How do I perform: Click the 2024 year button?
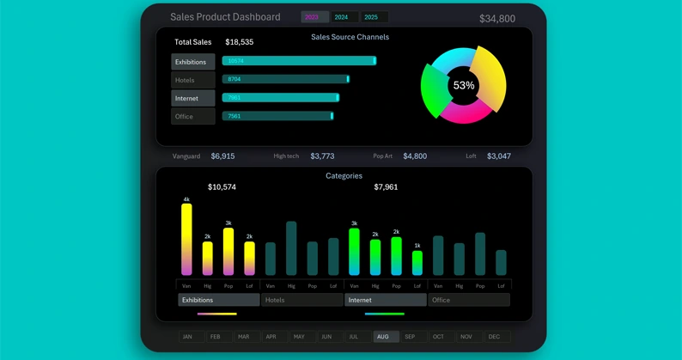343,17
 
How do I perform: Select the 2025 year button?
373,17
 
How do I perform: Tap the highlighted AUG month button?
384,337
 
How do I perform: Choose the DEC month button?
495,337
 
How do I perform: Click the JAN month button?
188,337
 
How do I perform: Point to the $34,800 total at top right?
496,19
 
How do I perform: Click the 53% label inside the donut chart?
463,86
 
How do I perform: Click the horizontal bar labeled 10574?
298,61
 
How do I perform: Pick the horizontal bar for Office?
277,116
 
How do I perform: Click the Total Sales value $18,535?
239,42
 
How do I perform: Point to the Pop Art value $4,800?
414,156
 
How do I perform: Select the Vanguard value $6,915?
222,156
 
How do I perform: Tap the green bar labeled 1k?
417,262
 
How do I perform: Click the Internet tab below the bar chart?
385,300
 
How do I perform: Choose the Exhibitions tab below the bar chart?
218,300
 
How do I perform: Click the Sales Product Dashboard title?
225,17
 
